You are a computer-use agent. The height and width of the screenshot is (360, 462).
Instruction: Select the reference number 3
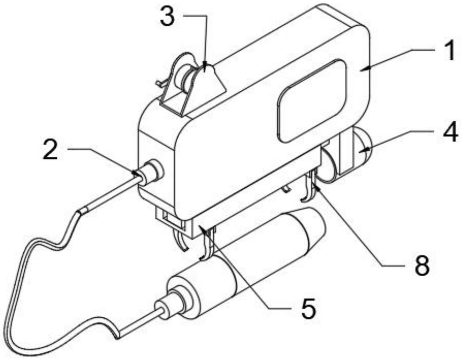167,17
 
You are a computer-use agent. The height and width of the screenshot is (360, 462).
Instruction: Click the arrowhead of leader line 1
363,68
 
